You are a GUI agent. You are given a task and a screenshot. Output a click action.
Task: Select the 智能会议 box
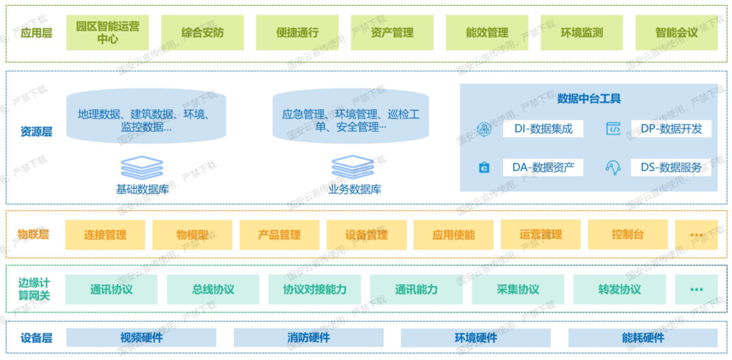tap(676, 33)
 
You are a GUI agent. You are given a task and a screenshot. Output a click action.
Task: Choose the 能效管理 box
tap(487, 33)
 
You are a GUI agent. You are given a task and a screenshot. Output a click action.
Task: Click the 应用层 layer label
tap(33, 33)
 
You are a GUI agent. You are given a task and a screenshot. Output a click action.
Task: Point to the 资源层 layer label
tap(37, 132)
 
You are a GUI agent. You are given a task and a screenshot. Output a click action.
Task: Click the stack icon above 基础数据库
tap(141, 167)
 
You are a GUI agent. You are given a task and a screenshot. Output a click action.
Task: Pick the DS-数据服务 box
tap(671, 168)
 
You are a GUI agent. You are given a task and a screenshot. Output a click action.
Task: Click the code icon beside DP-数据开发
tap(613, 129)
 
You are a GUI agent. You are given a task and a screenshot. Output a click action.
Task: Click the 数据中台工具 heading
tap(588, 99)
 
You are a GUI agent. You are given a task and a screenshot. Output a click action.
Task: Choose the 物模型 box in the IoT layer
tap(192, 235)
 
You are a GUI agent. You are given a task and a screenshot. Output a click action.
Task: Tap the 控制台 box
tap(627, 235)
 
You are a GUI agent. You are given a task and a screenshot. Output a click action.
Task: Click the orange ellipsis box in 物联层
tap(696, 235)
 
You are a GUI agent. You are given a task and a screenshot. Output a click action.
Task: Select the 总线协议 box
tap(213, 289)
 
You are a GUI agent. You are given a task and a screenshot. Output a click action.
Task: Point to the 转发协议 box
tap(619, 289)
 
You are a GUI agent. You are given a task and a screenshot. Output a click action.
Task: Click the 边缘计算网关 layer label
tap(34, 289)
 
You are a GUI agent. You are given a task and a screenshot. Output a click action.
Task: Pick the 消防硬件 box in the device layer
tap(309, 338)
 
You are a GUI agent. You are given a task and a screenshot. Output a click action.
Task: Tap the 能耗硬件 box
tap(643, 338)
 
